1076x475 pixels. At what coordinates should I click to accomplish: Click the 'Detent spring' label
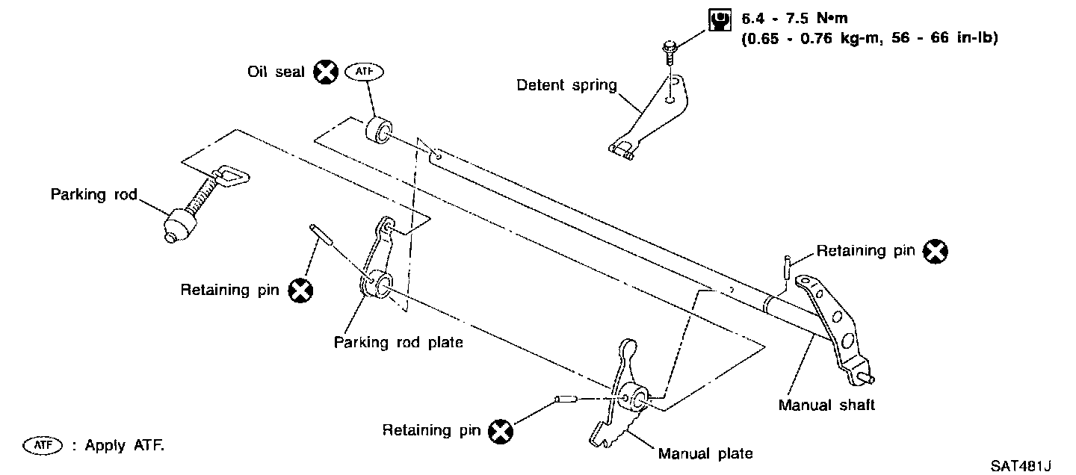pyautogui.click(x=566, y=85)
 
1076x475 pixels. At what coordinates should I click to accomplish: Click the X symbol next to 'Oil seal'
pyautogui.click(x=325, y=72)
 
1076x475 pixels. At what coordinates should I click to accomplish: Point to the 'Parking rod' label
pyautogui.click(x=94, y=195)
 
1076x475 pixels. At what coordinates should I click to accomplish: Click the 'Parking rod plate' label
pyautogui.click(x=398, y=343)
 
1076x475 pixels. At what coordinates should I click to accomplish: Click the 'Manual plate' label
pyautogui.click(x=705, y=453)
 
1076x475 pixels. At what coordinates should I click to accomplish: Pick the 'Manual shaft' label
pyautogui.click(x=826, y=406)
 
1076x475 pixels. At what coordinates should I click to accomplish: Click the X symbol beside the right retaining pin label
pyautogui.click(x=935, y=252)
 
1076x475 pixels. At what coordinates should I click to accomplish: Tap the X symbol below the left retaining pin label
pyautogui.click(x=300, y=291)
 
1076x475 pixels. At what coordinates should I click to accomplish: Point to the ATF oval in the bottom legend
pyautogui.click(x=41, y=445)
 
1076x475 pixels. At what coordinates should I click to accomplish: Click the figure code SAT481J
pyautogui.click(x=1021, y=465)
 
